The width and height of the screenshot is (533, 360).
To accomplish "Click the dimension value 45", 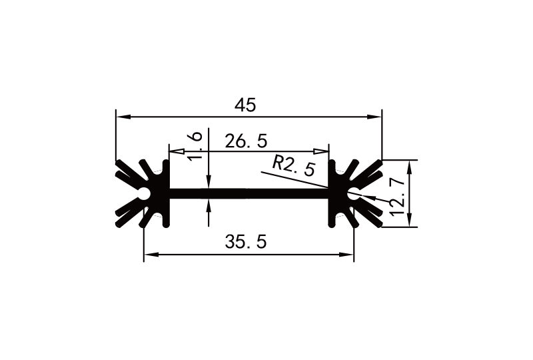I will coord(246,105).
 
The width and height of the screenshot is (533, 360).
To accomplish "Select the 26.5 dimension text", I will coord(246,141).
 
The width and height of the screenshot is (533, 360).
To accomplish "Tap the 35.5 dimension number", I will coord(246,243).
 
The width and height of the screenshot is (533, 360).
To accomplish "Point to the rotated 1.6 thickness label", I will coord(195,146).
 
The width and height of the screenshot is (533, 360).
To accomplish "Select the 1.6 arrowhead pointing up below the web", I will coord(209,204).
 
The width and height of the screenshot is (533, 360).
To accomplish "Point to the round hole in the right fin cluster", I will coord(353,193).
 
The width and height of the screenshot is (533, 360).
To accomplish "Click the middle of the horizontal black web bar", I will coord(250,193).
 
